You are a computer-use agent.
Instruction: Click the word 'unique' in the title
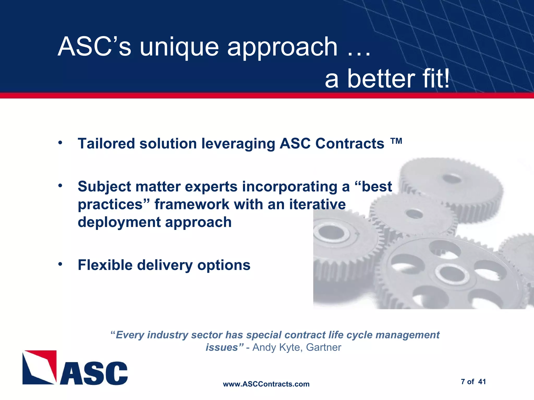179,47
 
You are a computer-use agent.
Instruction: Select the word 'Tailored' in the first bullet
106,143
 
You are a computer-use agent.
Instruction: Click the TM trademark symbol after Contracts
396,141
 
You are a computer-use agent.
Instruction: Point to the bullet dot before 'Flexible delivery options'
60,264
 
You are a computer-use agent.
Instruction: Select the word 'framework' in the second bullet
192,204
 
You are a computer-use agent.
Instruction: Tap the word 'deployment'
119,222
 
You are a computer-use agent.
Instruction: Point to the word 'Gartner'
323,347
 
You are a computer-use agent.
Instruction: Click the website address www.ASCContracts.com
266,384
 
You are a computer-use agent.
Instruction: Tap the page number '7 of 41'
473,382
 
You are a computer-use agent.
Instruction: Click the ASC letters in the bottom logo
94,373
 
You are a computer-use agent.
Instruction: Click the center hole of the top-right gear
452,179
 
